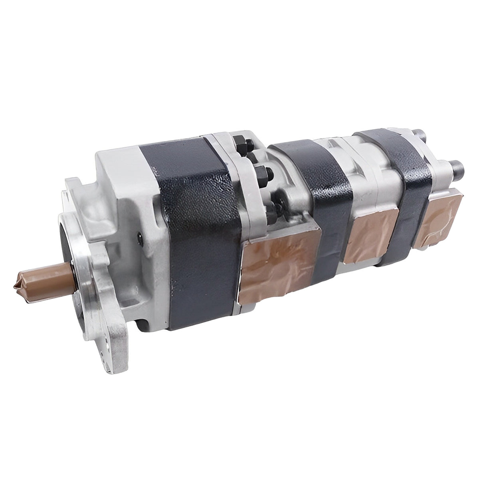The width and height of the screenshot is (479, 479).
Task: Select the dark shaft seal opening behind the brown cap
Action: [x=76, y=247]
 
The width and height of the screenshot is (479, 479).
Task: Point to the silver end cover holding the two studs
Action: [x=443, y=180]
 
